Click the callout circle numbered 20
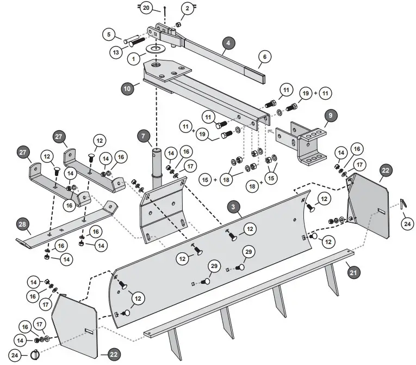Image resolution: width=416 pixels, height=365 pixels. point(146,8)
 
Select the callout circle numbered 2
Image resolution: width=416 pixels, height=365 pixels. point(188,8)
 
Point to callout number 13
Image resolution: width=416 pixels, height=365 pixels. point(116,52)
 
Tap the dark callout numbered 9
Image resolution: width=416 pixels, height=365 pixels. point(331,115)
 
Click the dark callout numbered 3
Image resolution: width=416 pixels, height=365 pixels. point(233,206)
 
